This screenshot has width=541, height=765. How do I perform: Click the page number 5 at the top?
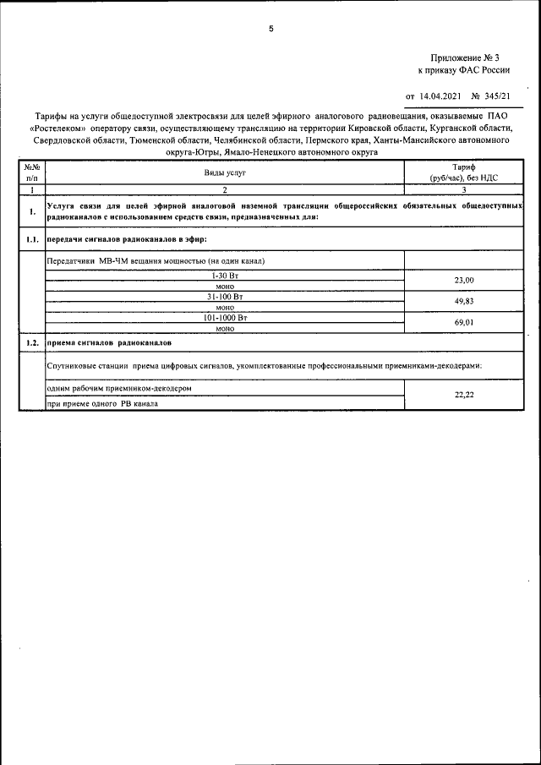pos(270,30)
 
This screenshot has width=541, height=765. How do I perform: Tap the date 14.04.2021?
pos(438,96)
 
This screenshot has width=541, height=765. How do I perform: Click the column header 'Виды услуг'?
pos(225,172)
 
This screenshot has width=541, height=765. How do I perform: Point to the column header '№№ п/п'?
pos(31,172)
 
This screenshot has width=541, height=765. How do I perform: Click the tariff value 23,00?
pos(464,280)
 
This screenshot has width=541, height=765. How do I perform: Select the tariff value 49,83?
pos(464,301)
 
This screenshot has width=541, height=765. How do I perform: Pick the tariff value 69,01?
pos(464,322)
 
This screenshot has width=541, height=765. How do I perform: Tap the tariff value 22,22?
pos(464,394)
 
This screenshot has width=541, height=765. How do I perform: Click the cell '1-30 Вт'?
pos(225,276)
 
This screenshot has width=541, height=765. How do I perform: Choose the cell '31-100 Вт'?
pos(225,297)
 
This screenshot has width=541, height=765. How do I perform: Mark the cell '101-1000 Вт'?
pos(225,318)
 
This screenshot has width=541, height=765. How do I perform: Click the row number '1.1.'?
pos(31,240)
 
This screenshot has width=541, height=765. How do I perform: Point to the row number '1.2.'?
pos(31,344)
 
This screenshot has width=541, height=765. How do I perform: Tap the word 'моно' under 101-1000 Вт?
pos(225,328)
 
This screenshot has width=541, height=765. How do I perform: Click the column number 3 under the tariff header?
pos(464,191)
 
